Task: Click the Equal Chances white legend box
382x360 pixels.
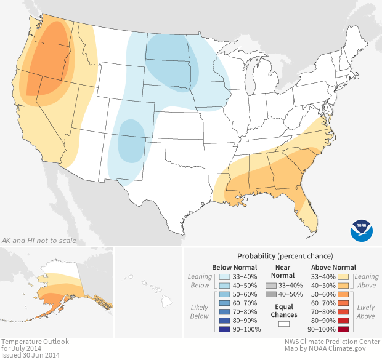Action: point(284,323)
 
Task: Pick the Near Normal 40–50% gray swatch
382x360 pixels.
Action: point(270,295)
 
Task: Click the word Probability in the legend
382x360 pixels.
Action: point(256,255)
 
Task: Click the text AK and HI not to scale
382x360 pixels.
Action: point(39,240)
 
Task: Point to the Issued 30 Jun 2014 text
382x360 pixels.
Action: point(31,355)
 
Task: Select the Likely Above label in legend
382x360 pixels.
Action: point(366,311)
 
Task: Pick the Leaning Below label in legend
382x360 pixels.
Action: point(200,281)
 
